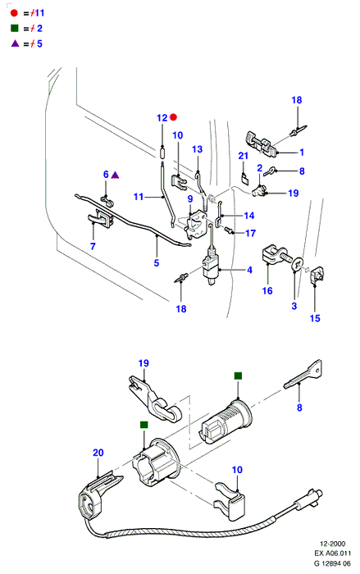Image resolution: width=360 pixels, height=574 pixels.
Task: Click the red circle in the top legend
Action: [14, 13]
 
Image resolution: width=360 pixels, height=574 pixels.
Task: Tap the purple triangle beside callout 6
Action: [115, 175]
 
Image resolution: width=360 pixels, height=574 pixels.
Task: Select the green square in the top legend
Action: [15, 28]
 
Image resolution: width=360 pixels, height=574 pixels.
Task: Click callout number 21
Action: [244, 156]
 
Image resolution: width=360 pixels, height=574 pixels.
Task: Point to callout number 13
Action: [197, 149]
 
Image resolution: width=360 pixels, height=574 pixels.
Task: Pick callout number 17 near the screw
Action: [250, 233]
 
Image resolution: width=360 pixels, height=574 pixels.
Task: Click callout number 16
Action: [267, 290]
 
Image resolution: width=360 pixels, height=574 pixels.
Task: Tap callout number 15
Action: [315, 318]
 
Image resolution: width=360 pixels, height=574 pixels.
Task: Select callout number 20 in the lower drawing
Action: [98, 453]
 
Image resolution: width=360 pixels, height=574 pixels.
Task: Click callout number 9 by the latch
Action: [190, 198]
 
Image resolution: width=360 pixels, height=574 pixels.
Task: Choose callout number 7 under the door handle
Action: [93, 246]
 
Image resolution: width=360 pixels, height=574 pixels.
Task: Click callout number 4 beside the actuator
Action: [250, 270]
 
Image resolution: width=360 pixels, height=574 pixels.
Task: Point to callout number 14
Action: [249, 216]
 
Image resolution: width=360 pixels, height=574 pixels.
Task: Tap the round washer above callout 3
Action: [297, 264]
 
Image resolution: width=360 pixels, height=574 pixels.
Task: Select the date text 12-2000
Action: [333, 544]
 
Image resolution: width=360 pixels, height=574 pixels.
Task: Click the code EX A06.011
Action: [333, 553]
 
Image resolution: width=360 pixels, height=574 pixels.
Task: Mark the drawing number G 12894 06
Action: [332, 563]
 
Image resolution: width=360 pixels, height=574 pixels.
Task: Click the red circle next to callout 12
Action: [174, 117]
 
